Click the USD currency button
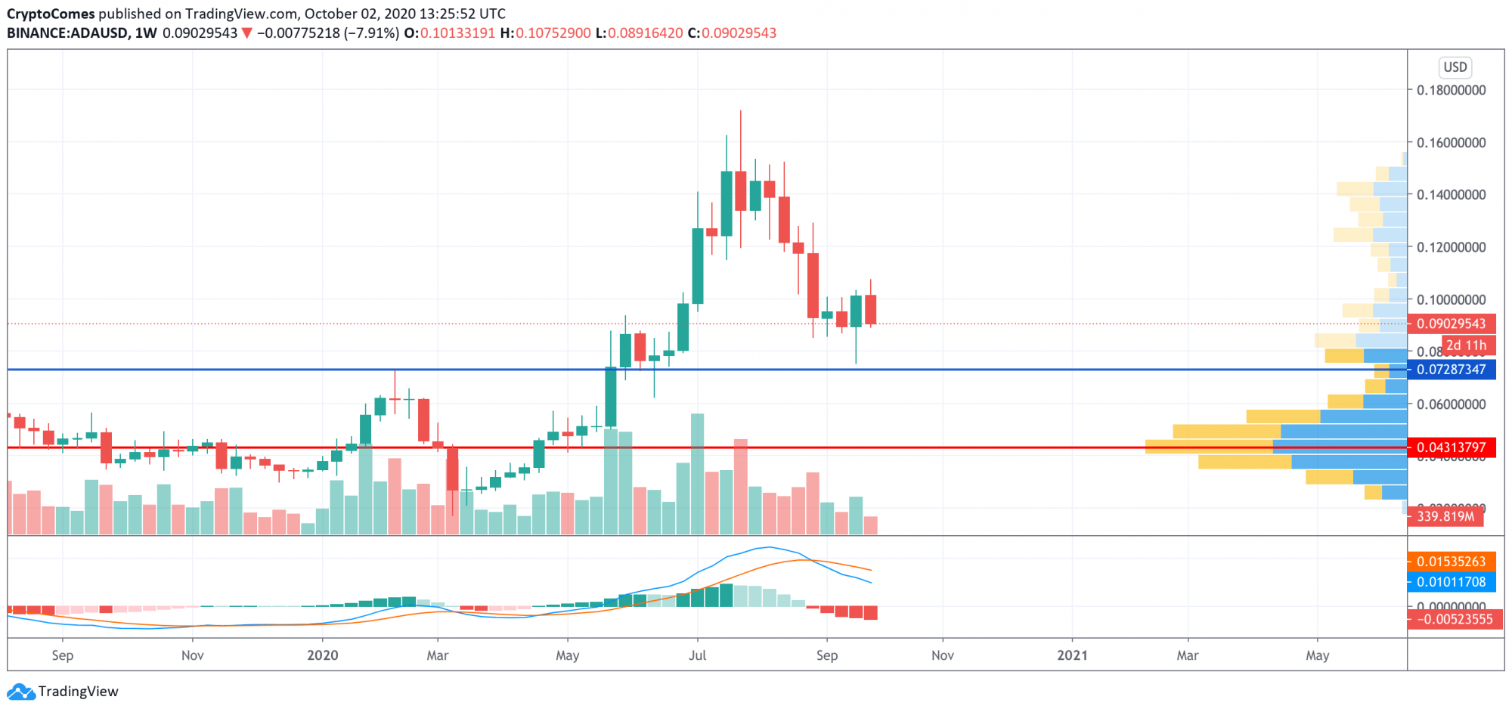(x=1455, y=67)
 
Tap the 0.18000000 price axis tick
(x=1451, y=90)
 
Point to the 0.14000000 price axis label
(x=1451, y=194)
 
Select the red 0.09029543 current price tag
(x=1451, y=323)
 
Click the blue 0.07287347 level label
(x=1451, y=370)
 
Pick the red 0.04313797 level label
(x=1451, y=447)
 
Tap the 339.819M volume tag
(x=1445, y=516)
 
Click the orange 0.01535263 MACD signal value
(x=1451, y=562)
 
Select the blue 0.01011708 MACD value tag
(x=1451, y=582)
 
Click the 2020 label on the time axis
(x=323, y=655)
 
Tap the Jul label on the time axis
(x=697, y=655)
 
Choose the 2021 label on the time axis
(x=1072, y=655)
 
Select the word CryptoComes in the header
(x=51, y=14)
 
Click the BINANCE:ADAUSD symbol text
(x=67, y=33)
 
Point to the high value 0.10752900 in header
(x=553, y=33)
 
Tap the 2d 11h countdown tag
(x=1466, y=345)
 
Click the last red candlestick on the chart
(x=871, y=310)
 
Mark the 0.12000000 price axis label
(x=1451, y=247)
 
